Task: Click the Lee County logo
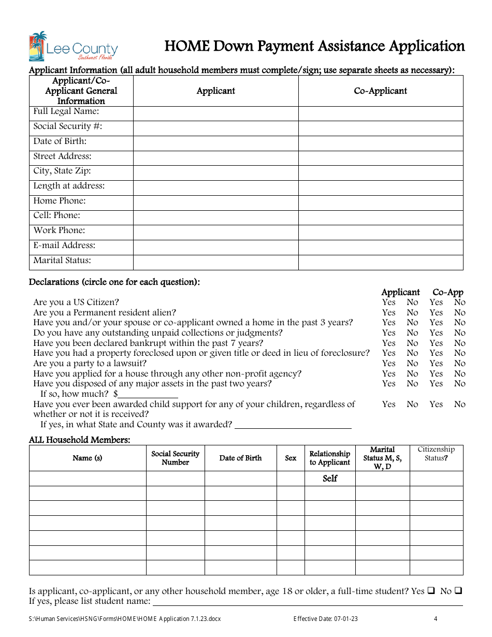[x=73, y=47]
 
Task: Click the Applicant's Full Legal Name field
[x=215, y=113]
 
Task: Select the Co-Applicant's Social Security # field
[x=381, y=128]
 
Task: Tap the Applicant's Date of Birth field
[x=215, y=143]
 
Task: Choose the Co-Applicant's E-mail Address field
[x=381, y=248]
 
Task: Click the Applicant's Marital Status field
[x=215, y=263]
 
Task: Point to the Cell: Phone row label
[x=57, y=215]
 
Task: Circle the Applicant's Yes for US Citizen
[x=388, y=302]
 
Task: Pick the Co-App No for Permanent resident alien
[x=460, y=313]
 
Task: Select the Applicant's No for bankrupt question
[x=412, y=343]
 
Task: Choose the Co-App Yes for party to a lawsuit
[x=436, y=364]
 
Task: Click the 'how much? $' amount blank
[x=148, y=395]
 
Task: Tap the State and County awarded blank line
[x=293, y=425]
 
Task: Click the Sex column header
[x=291, y=458]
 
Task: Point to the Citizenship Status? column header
[x=436, y=454]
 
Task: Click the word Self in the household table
[x=330, y=479]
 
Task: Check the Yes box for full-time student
[x=431, y=591]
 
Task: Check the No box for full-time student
[x=458, y=591]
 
